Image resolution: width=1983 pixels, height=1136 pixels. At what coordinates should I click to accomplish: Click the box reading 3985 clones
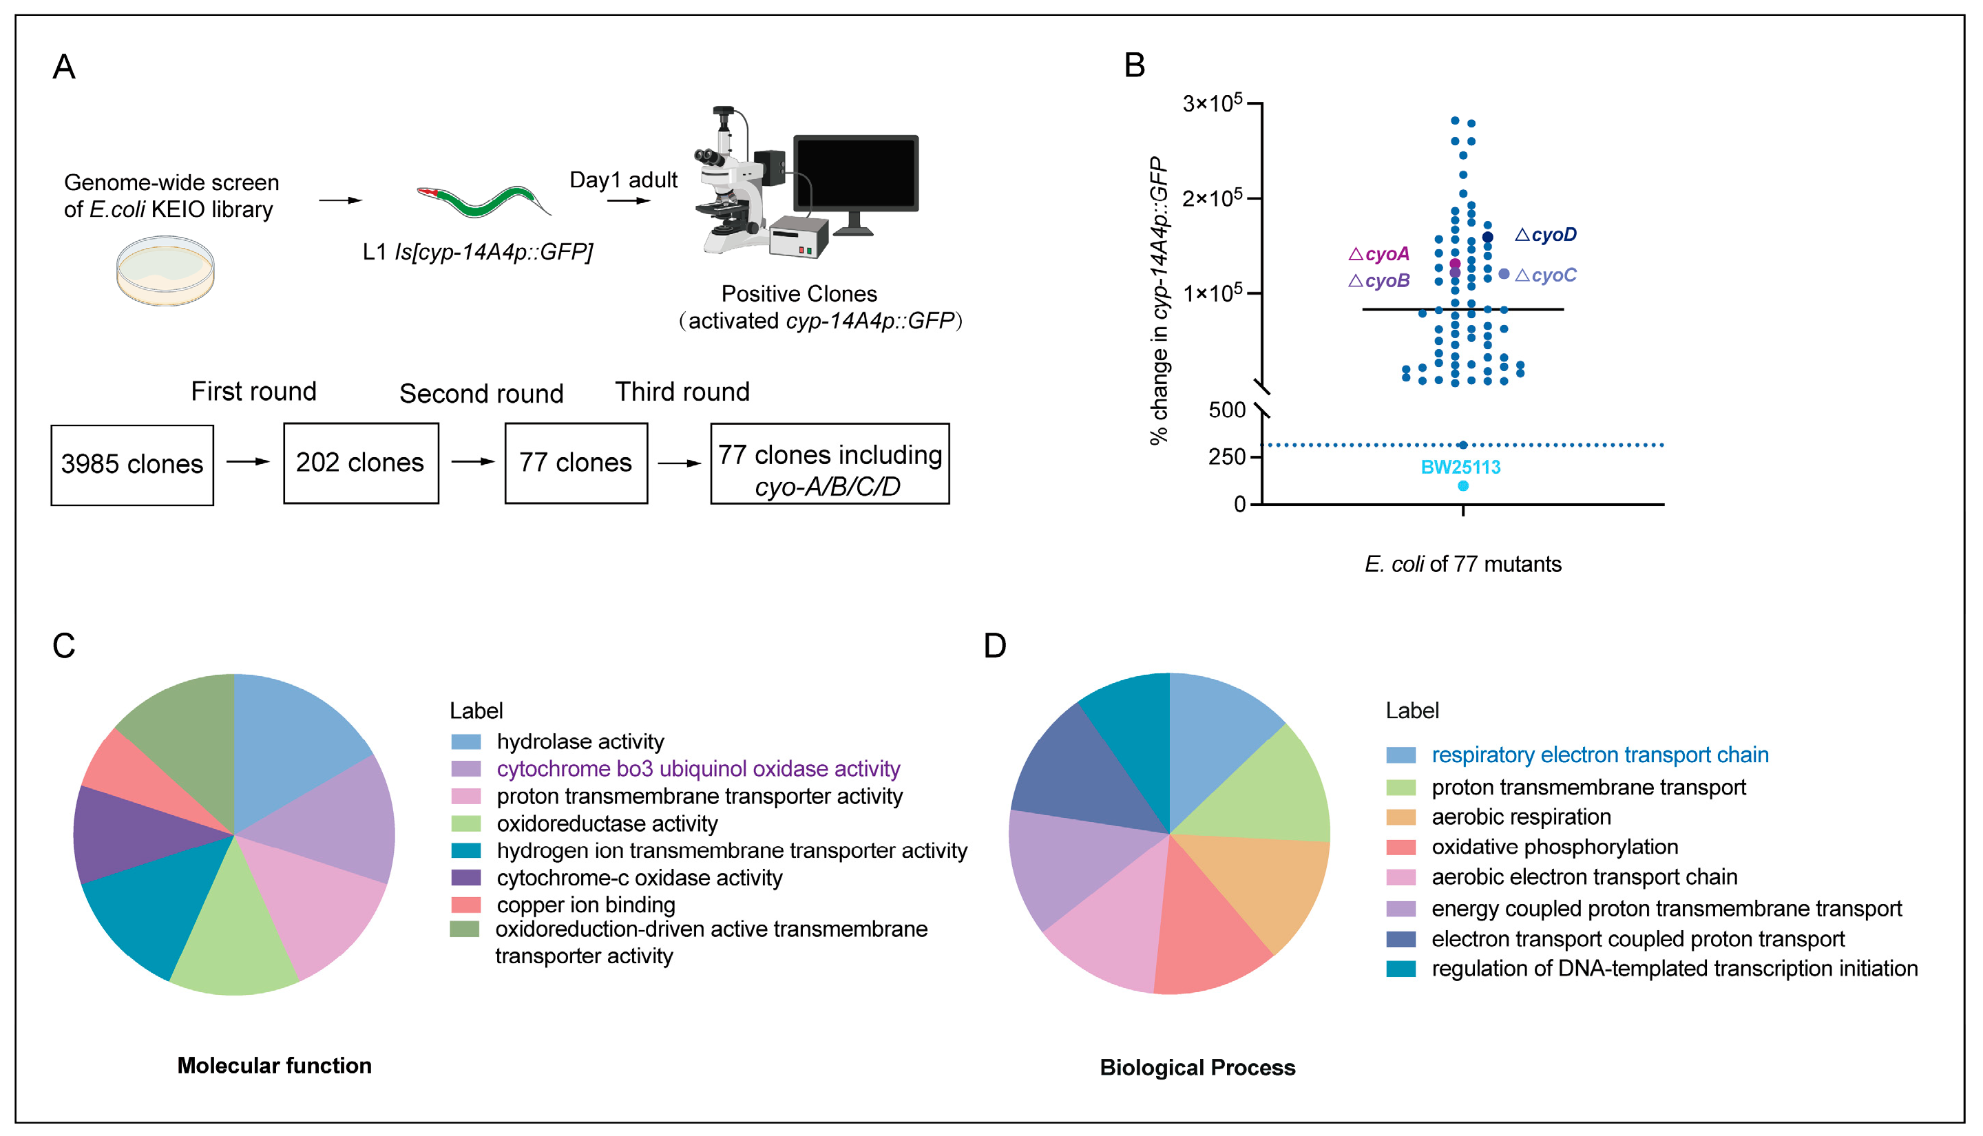132,465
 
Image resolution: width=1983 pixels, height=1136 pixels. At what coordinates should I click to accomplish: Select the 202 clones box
360,463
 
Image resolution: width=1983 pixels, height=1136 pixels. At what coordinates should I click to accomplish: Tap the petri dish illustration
165,270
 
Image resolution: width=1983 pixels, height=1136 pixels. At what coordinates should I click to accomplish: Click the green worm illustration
483,201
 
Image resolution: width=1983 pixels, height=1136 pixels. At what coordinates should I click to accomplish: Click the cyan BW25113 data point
1462,486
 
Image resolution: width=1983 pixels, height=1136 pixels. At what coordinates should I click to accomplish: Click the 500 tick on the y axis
1226,410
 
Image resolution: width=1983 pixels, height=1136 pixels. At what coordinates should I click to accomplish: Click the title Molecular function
274,1066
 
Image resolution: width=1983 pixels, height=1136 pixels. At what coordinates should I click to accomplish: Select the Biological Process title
1197,1067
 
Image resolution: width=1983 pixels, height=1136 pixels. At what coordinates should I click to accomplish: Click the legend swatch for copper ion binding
465,905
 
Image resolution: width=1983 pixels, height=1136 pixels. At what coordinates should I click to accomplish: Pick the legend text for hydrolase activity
580,741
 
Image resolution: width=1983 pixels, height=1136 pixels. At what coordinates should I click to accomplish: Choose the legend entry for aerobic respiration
1520,817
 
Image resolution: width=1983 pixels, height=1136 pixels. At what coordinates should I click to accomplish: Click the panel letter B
1134,65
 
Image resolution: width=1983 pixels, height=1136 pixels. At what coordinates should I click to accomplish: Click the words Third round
682,392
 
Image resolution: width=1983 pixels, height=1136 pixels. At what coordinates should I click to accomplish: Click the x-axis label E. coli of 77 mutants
1462,564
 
